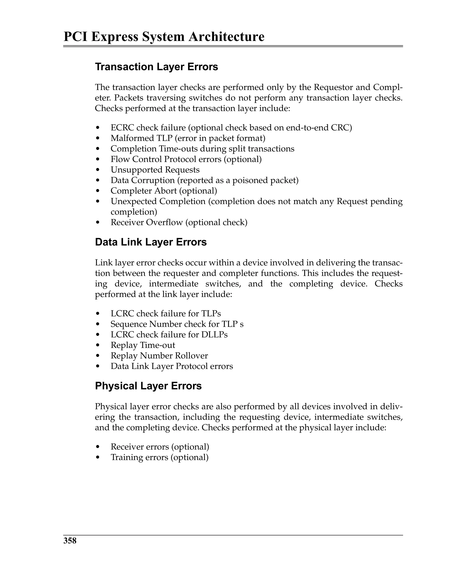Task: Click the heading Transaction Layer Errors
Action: click(x=156, y=67)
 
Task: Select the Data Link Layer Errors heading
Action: click(x=151, y=242)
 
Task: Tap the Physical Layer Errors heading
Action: click(x=148, y=386)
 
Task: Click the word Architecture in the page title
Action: click(x=226, y=37)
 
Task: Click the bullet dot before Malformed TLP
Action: click(x=98, y=138)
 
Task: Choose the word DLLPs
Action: click(x=214, y=335)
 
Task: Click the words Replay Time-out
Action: click(x=143, y=345)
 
